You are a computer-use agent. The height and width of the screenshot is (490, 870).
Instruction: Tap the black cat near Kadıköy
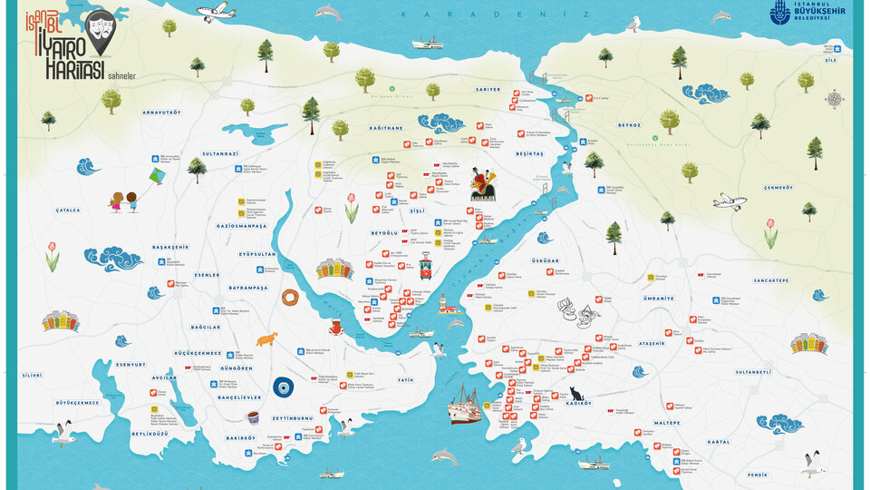[575, 394]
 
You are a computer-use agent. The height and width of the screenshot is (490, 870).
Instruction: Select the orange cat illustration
[266, 339]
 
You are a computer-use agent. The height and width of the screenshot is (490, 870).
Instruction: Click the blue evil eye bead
[284, 387]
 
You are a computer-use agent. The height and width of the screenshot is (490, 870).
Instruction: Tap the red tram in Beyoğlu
[424, 267]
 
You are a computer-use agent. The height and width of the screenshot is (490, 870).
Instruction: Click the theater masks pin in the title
[101, 28]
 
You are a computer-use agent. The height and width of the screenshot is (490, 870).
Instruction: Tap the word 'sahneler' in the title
[121, 77]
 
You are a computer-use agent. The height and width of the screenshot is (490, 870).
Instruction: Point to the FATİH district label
[405, 380]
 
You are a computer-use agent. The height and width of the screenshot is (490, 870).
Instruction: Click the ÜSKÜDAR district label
[546, 260]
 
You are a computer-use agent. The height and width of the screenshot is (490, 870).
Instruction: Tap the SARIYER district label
[488, 90]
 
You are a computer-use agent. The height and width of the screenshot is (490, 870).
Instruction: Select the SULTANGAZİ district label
[220, 154]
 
